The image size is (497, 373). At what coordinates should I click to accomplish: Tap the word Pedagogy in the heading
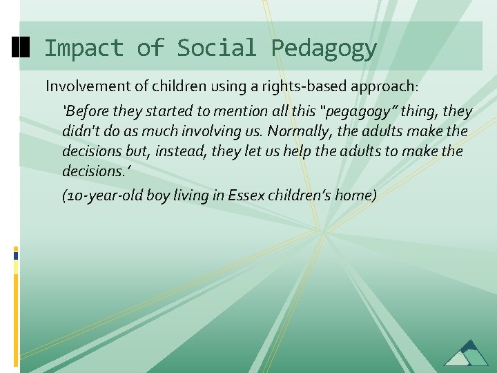324,48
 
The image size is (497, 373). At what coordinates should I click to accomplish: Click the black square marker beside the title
21,47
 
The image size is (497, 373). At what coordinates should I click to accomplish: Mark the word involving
207,131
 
